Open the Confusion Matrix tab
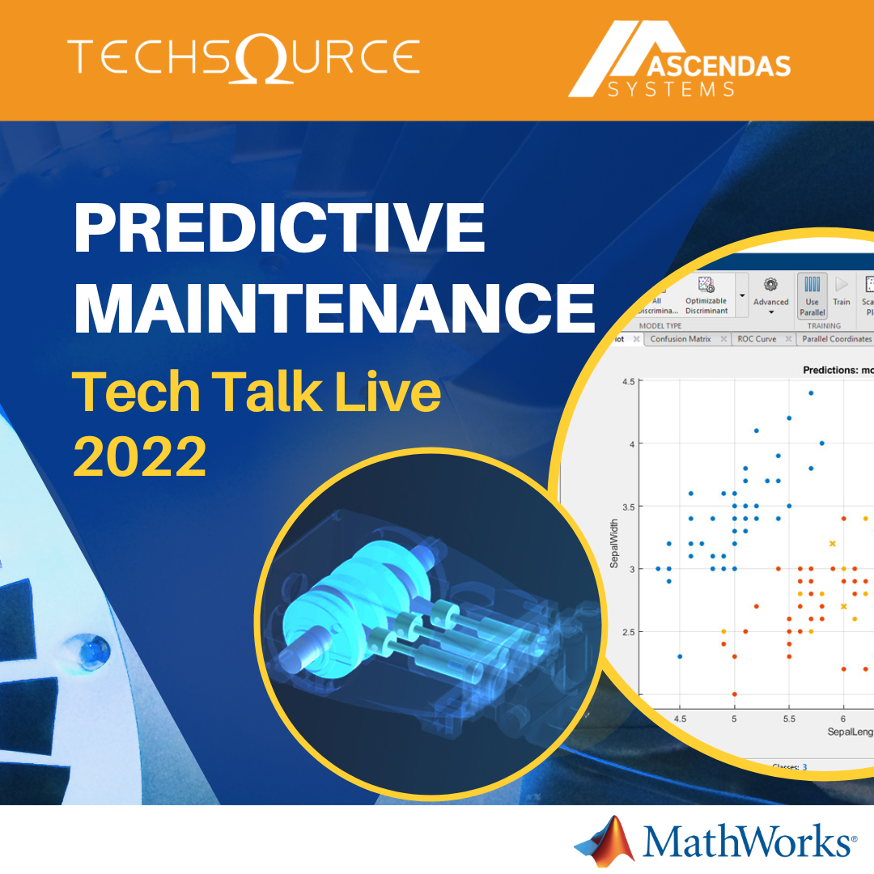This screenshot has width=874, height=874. pyautogui.click(x=680, y=339)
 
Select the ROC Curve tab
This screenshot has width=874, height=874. pyautogui.click(x=756, y=339)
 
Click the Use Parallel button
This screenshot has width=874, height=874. pyautogui.click(x=812, y=296)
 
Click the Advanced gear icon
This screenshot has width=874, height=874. pyautogui.click(x=770, y=284)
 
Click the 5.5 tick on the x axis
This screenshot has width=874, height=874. pyautogui.click(x=788, y=717)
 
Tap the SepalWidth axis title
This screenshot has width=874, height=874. pyautogui.click(x=613, y=543)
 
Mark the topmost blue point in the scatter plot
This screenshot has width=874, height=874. pyautogui.click(x=810, y=393)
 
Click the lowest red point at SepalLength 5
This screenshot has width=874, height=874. pyautogui.click(x=734, y=694)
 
